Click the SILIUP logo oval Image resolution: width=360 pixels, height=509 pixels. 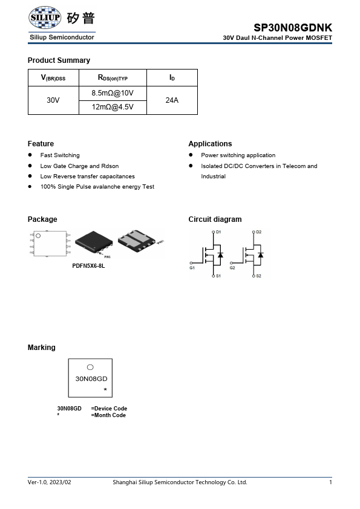pyautogui.click(x=45, y=18)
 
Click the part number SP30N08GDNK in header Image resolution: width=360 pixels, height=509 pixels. pyautogui.click(x=293, y=28)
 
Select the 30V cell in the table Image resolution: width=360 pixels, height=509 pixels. pyautogui.click(x=53, y=100)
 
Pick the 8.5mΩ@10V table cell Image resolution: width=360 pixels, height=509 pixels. pyautogui.click(x=113, y=93)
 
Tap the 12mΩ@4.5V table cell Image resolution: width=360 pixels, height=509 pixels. pyautogui.click(x=113, y=107)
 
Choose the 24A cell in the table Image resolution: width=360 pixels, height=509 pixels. pyautogui.click(x=172, y=100)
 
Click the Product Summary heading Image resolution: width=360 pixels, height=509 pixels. pyautogui.click(x=59, y=60)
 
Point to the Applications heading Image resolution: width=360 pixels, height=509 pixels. pyautogui.click(x=210, y=144)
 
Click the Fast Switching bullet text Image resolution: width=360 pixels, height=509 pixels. pyautogui.click(x=60, y=155)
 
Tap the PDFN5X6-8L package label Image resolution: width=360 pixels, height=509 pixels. pyautogui.click(x=88, y=266)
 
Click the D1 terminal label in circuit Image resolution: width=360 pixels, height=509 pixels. pyautogui.click(x=218, y=232)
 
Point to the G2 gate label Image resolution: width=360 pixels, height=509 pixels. pyautogui.click(x=232, y=267)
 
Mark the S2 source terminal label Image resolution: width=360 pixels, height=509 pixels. pyautogui.click(x=258, y=276)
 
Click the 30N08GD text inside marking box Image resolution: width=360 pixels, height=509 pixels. pyautogui.click(x=91, y=379)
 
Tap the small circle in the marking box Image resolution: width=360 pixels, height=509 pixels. pyautogui.click(x=90, y=367)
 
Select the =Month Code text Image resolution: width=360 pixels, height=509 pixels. pyautogui.click(x=108, y=415)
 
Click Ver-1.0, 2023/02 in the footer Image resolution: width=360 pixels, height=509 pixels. pyautogui.click(x=50, y=482)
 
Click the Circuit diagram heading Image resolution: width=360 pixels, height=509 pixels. pyautogui.click(x=215, y=219)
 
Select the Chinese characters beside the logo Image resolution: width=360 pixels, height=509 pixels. pyautogui.click(x=80, y=18)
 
